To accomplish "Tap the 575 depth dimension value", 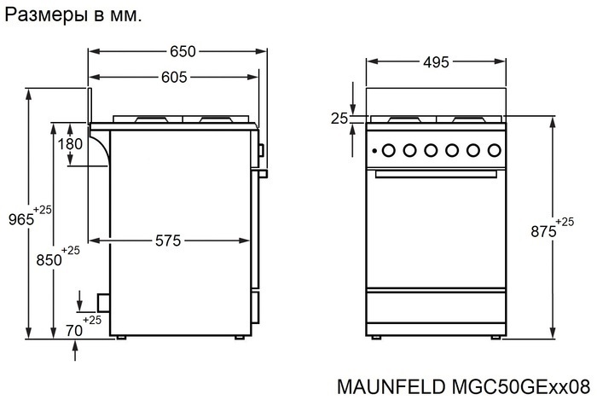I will click(167, 241).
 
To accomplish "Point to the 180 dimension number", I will click(70, 144).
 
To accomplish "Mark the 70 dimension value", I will click(74, 328).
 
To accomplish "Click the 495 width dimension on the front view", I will click(435, 61).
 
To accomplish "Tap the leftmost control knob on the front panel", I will click(388, 151).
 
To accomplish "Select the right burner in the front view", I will click(468, 119).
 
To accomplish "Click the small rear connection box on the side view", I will click(103, 302).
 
